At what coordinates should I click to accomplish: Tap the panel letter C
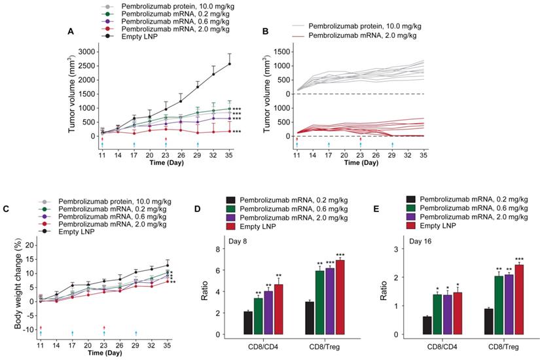pos(5,209)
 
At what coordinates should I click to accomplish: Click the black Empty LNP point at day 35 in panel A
pos(229,63)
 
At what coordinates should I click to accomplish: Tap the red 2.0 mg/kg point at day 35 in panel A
pos(229,131)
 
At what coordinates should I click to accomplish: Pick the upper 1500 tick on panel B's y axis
pos(281,52)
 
